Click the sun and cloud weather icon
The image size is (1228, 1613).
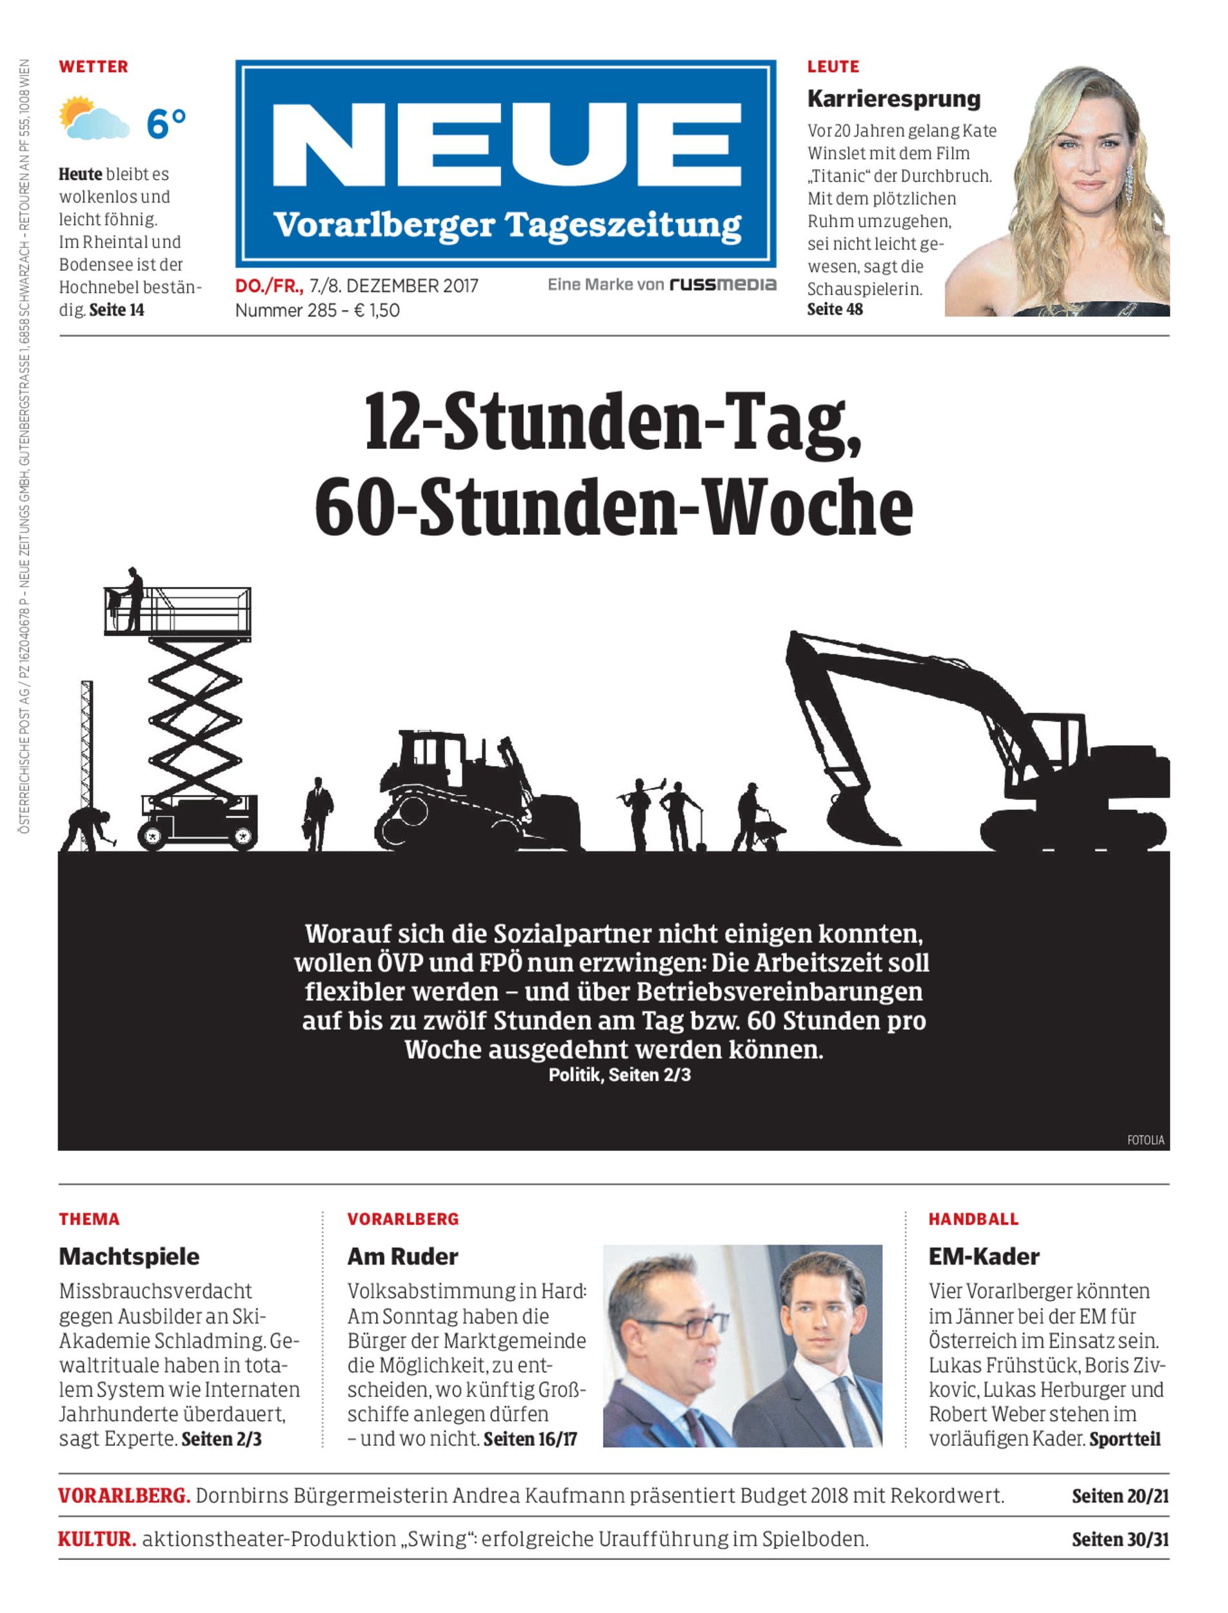[94, 119]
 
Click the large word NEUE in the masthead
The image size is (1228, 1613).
[506, 145]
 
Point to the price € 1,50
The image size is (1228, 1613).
[377, 310]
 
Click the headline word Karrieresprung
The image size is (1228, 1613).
[893, 99]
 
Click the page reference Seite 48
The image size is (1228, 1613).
[835, 309]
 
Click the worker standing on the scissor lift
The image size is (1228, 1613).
[132, 599]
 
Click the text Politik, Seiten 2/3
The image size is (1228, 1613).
[619, 1075]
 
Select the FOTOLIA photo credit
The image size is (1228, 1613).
[1145, 1140]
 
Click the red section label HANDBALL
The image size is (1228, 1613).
[973, 1219]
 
